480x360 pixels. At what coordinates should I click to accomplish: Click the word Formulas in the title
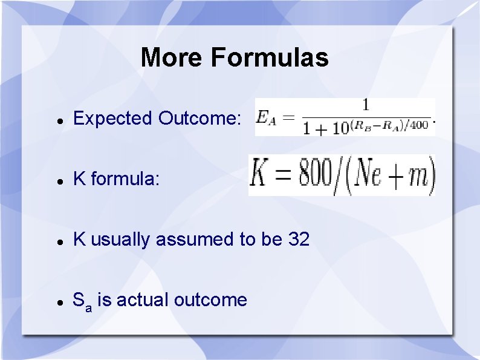pyautogui.click(x=270, y=58)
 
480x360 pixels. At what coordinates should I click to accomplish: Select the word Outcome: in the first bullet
pyautogui.click(x=199, y=119)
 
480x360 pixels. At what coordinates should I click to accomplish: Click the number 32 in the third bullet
pyautogui.click(x=299, y=240)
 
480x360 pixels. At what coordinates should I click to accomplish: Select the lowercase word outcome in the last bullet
pyautogui.click(x=210, y=300)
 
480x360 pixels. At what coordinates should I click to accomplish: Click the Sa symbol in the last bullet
pyautogui.click(x=82, y=301)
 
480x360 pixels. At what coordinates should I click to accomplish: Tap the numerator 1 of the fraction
pyautogui.click(x=365, y=105)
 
